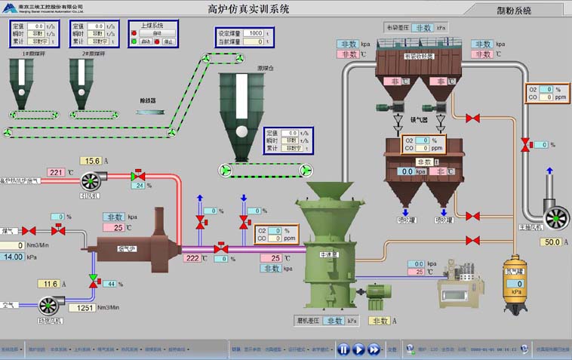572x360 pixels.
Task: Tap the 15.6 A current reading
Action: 92,161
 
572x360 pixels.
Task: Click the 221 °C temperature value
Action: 56,173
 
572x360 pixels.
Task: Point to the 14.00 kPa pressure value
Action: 13,257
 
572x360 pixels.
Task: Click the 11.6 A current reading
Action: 51,284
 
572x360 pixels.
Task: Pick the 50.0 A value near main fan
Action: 552,242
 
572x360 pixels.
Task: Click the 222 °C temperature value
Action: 192,258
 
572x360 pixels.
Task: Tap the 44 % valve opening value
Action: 109,284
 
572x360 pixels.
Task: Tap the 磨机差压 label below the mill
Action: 309,321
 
